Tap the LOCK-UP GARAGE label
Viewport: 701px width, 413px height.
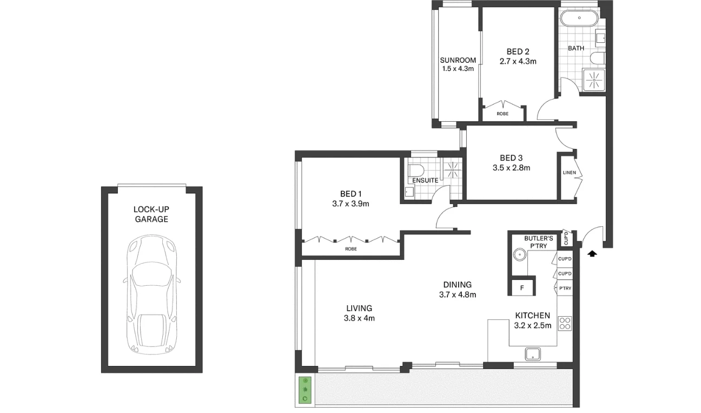coord(151,214)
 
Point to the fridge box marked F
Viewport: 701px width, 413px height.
coord(522,287)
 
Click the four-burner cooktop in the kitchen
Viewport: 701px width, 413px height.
coord(565,323)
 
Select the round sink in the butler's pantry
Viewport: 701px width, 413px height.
coord(519,253)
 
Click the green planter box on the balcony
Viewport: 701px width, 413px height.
coord(305,390)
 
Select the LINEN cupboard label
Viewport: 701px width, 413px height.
coord(570,173)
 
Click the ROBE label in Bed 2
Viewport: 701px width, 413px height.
coord(502,114)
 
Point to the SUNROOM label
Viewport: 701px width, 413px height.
coord(458,60)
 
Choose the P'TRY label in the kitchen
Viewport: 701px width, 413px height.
coord(565,289)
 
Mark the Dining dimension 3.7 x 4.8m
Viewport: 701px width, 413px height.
coord(457,295)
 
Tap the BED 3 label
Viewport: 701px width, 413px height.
coord(511,158)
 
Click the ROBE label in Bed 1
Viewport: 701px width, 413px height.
coord(350,249)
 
